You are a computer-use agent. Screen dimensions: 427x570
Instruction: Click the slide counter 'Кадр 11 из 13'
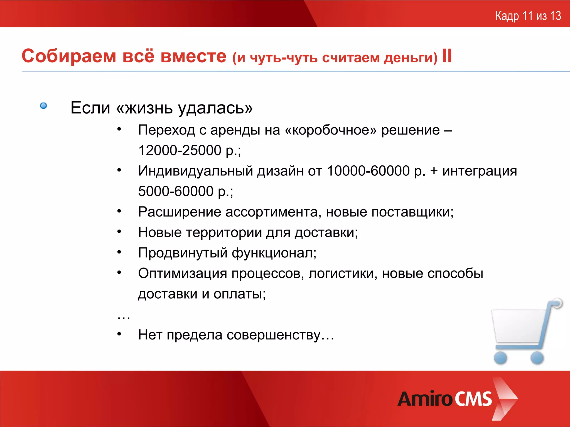(x=528, y=16)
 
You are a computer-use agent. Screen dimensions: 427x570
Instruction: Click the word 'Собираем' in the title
(x=69, y=56)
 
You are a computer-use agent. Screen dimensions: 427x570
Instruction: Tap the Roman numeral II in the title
(x=447, y=56)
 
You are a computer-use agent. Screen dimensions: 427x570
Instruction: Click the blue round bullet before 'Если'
(x=43, y=106)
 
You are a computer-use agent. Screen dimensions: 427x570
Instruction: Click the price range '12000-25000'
(x=180, y=150)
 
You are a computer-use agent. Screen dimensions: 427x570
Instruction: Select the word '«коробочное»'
(x=331, y=130)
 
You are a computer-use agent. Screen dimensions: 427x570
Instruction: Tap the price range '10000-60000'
(x=368, y=171)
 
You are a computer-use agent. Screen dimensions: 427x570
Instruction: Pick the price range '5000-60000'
(x=176, y=192)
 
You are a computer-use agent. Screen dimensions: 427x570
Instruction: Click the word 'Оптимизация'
(x=183, y=274)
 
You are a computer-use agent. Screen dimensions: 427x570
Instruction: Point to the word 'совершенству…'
(x=280, y=335)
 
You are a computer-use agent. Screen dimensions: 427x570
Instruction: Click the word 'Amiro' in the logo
(x=425, y=399)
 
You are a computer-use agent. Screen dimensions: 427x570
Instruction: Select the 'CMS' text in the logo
(x=473, y=399)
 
